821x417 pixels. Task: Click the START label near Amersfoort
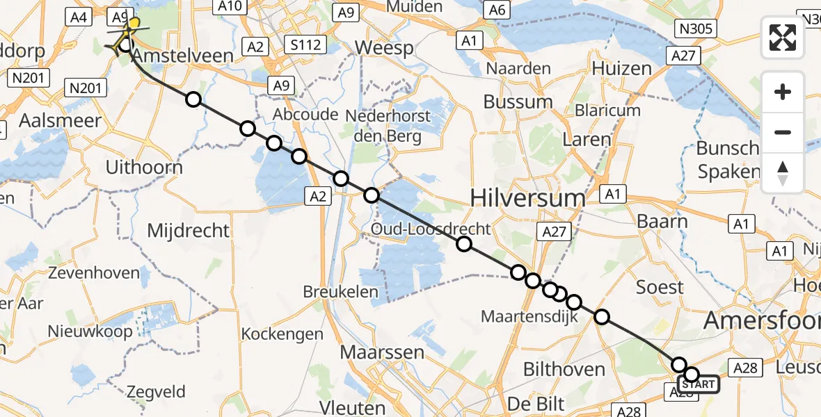pos(699,384)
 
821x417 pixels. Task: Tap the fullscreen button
pos(783,37)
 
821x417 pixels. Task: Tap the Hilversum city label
pos(528,198)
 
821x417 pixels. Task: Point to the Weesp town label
pos(384,49)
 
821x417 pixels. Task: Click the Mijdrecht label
pos(188,230)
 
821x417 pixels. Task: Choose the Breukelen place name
pos(341,293)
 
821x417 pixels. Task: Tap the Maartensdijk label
pos(520,318)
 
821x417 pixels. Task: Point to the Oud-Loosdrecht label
pos(431,229)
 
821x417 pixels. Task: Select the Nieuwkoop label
pos(90,332)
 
